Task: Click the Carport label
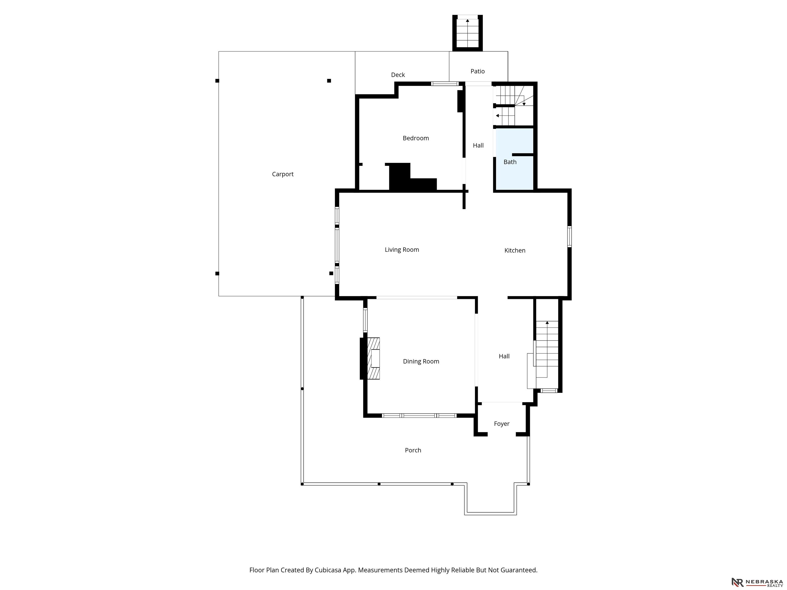pyautogui.click(x=283, y=174)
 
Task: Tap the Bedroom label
pyautogui.click(x=416, y=138)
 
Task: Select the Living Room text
pyautogui.click(x=402, y=250)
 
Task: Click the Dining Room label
pyautogui.click(x=421, y=362)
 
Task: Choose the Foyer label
pyautogui.click(x=501, y=424)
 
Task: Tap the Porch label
pyautogui.click(x=413, y=450)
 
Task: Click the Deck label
pyautogui.click(x=398, y=75)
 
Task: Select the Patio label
pyautogui.click(x=478, y=71)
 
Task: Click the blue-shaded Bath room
pyautogui.click(x=514, y=159)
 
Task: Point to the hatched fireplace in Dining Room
pyautogui.click(x=373, y=359)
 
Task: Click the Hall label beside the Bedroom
pyautogui.click(x=478, y=145)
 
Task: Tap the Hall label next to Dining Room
pyautogui.click(x=504, y=356)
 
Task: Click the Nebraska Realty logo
pyautogui.click(x=757, y=582)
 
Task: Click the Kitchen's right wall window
pyautogui.click(x=569, y=237)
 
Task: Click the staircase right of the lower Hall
pyautogui.click(x=547, y=349)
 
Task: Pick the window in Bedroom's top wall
pyautogui.click(x=445, y=84)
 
